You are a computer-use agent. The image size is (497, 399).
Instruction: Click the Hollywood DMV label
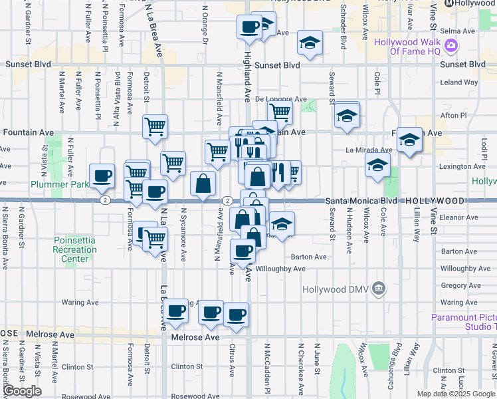tap(335, 289)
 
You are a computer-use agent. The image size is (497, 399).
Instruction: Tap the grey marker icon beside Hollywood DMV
tap(379, 289)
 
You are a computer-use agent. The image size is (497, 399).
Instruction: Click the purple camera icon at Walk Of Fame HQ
tap(451, 45)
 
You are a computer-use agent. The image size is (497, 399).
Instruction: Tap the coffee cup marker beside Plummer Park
tap(102, 176)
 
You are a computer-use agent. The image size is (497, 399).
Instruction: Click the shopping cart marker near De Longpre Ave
tap(280, 113)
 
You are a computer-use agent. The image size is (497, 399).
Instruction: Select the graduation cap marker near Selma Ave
tap(308, 43)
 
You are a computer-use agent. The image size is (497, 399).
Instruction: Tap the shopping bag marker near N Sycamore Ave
tap(203, 183)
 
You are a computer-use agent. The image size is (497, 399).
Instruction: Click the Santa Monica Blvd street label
tap(363, 200)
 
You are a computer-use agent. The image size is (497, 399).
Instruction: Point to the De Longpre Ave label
tap(280, 98)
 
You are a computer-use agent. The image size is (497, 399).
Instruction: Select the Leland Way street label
tap(459, 82)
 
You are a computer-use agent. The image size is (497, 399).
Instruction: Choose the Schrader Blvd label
tap(344, 33)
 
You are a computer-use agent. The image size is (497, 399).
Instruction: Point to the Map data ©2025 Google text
tap(456, 394)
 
